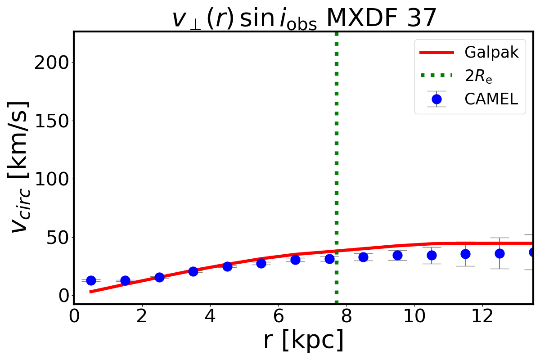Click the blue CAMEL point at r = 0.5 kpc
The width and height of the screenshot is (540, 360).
pyautogui.click(x=91, y=280)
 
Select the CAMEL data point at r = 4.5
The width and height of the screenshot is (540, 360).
pyautogui.click(x=227, y=266)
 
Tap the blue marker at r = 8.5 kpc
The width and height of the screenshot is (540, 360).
pyautogui.click(x=363, y=257)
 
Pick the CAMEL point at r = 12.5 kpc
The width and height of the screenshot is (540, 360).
pyautogui.click(x=499, y=253)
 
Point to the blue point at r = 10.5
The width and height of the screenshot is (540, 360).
pyautogui.click(x=432, y=255)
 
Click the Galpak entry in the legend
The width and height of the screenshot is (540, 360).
pyautogui.click(x=492, y=53)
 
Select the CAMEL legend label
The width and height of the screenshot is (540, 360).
pyautogui.click(x=492, y=99)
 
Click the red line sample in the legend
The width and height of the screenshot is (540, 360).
pyautogui.click(x=436, y=53)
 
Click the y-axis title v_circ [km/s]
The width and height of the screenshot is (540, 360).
pyautogui.click(x=20, y=166)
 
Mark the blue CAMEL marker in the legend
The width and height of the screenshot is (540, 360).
pyautogui.click(x=436, y=99)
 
